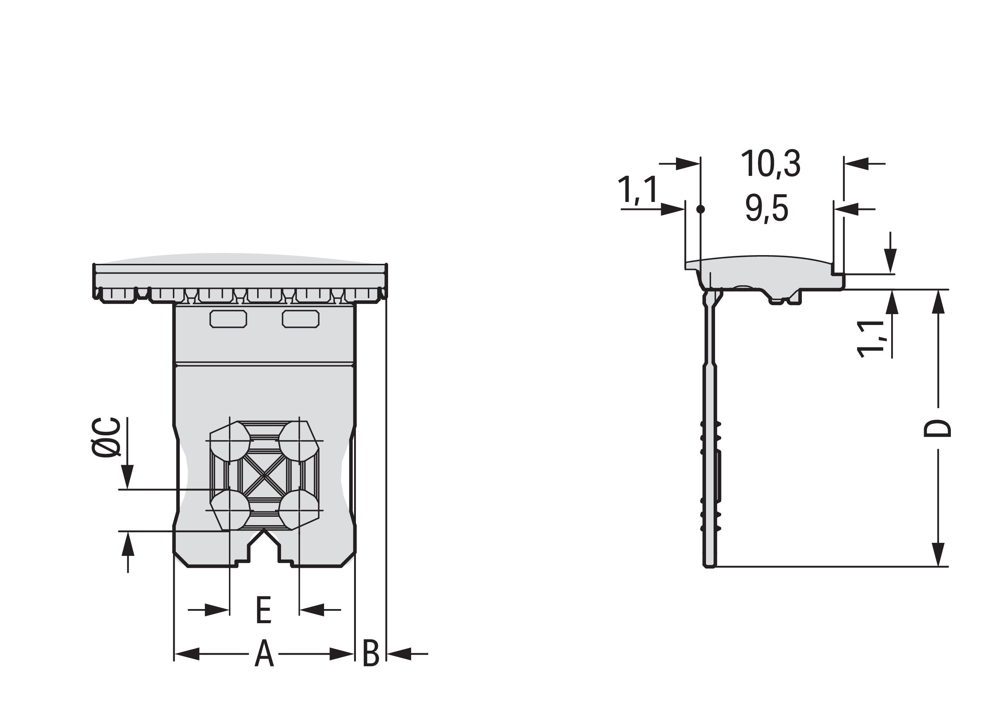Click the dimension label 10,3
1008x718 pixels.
point(770,164)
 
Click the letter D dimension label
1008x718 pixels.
point(937,428)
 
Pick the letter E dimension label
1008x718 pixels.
point(264,610)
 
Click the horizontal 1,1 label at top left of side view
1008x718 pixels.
point(638,190)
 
